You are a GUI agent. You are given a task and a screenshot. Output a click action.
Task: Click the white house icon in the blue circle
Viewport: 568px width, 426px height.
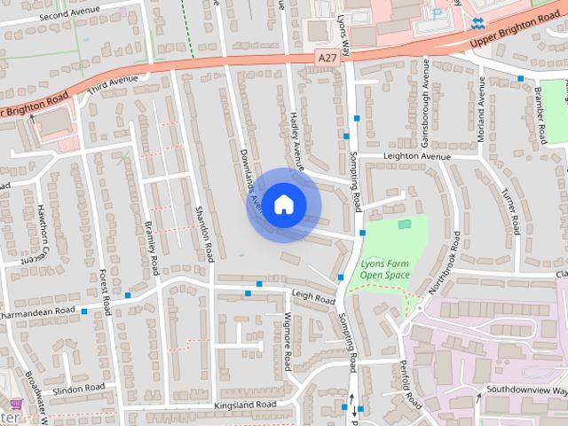coord(283,203)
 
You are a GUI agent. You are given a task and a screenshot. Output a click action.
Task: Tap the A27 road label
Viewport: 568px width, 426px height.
coord(327,58)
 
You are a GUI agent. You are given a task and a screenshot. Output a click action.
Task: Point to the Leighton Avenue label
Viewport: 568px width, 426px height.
coord(417,156)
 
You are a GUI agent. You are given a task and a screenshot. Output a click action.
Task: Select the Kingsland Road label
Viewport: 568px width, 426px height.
coord(245,405)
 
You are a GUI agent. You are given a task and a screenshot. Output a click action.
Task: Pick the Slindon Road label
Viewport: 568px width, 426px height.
coord(79,388)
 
